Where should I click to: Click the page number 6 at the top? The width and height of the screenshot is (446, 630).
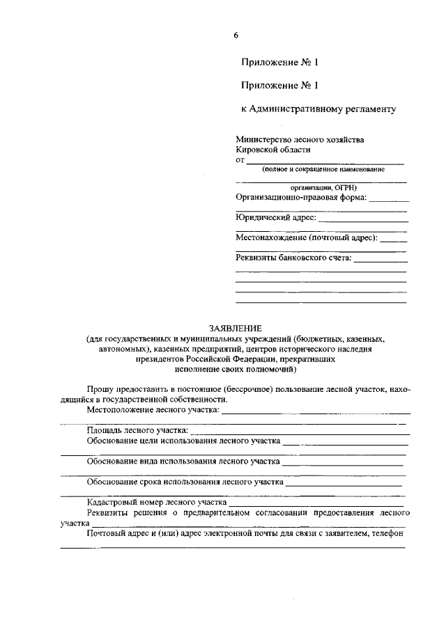[x=236, y=36]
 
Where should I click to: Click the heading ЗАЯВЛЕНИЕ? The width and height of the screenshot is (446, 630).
[x=236, y=328]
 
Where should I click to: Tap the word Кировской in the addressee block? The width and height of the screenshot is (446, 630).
[x=257, y=150]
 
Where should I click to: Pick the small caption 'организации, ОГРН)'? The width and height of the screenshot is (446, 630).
[x=320, y=187]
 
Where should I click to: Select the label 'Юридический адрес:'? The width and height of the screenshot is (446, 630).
[x=276, y=218]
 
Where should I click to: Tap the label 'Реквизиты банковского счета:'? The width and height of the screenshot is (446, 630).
[x=293, y=258]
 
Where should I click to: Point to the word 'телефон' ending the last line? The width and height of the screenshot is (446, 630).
[x=389, y=533]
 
